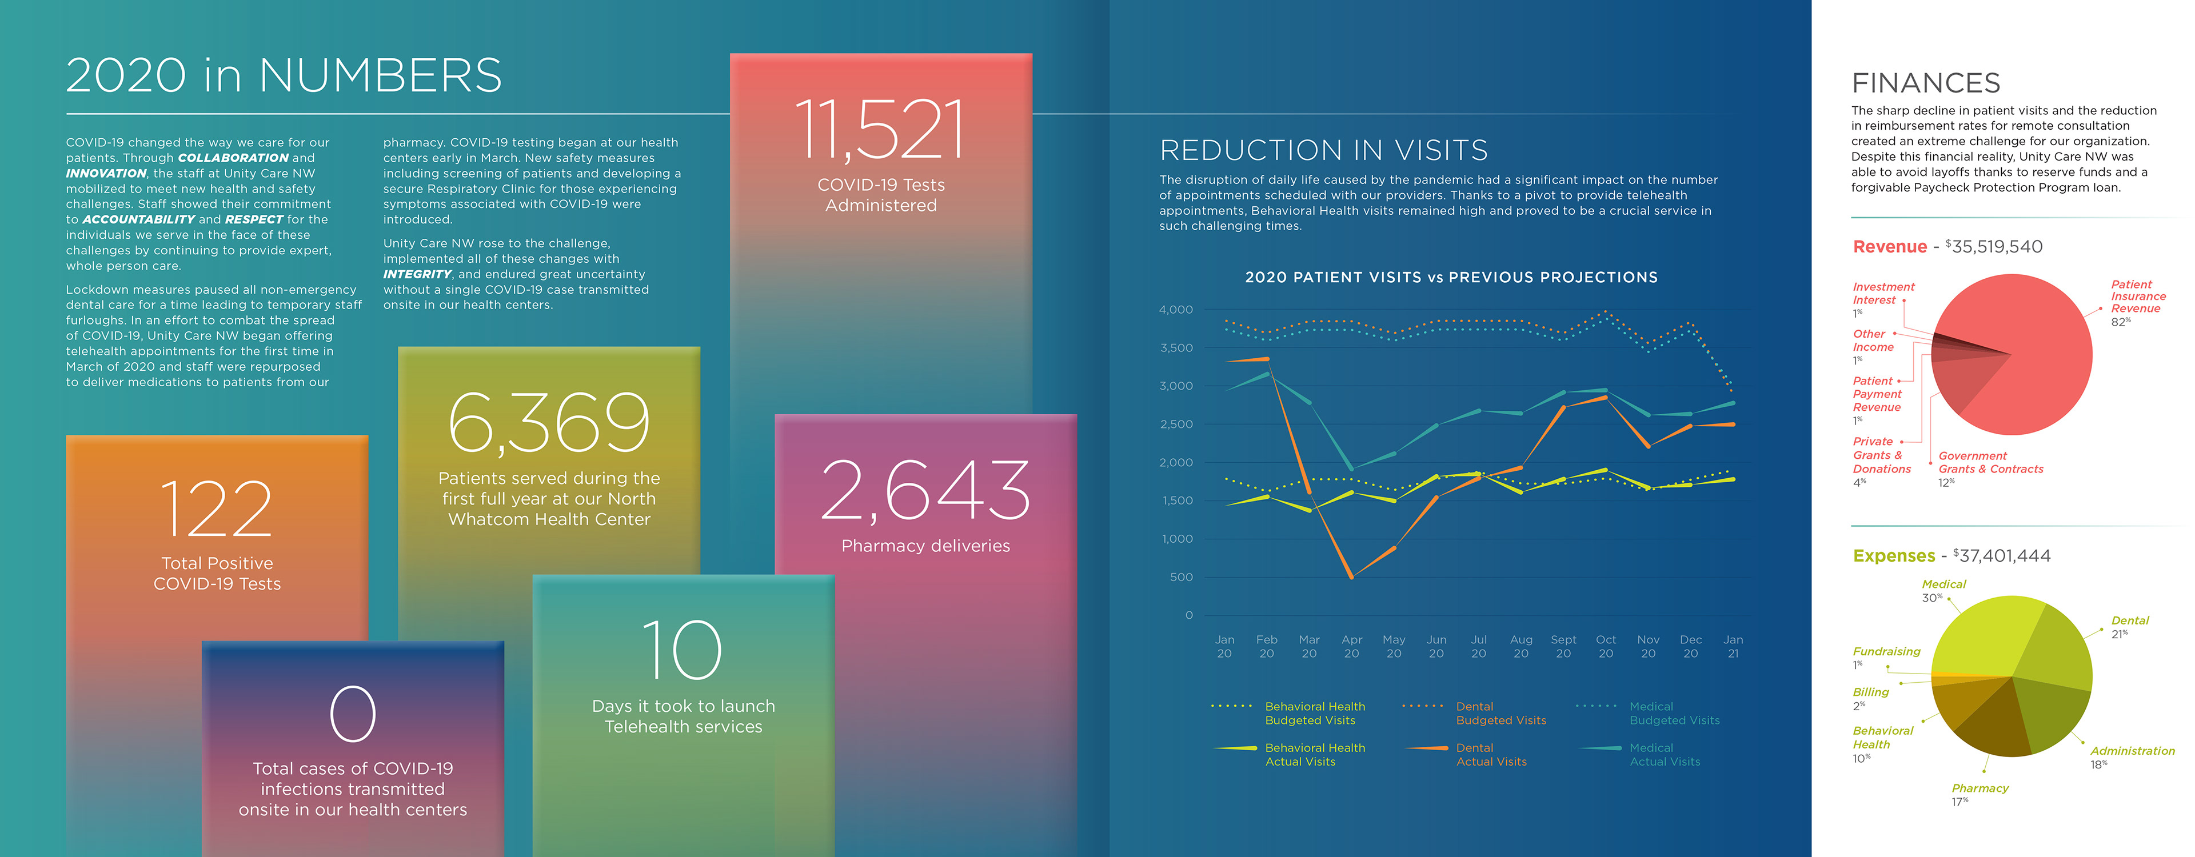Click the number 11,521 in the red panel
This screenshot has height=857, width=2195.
point(880,130)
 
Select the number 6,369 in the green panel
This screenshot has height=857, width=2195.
point(549,423)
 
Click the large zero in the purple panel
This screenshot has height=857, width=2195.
point(353,714)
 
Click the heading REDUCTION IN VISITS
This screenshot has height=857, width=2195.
point(1323,151)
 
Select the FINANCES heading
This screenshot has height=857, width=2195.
point(1926,83)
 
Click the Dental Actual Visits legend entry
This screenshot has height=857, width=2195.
point(1491,755)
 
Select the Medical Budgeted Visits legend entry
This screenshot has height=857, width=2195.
point(1674,713)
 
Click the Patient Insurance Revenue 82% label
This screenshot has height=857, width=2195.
point(2137,302)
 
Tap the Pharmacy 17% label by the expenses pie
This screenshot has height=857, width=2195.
point(1980,794)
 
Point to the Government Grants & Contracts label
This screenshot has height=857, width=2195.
point(1990,463)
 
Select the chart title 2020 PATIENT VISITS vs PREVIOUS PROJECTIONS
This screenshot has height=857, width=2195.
point(1451,278)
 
